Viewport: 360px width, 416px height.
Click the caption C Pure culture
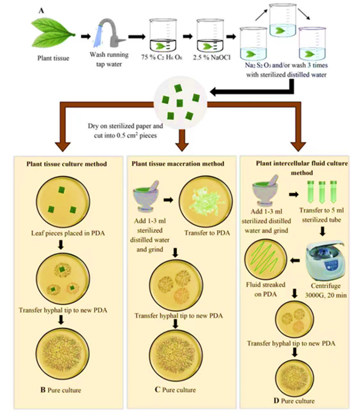point(177,389)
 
